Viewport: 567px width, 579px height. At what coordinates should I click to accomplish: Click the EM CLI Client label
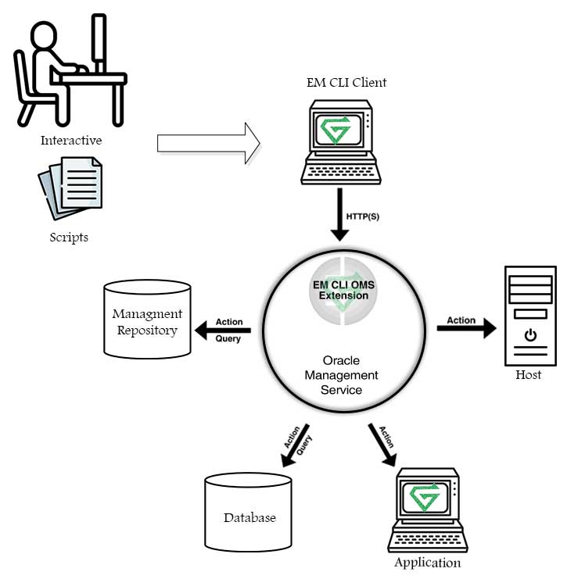[347, 82]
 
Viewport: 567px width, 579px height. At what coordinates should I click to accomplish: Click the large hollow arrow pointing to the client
[208, 144]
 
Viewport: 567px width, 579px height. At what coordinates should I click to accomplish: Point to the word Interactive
[72, 141]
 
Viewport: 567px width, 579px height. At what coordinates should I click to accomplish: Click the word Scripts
[69, 237]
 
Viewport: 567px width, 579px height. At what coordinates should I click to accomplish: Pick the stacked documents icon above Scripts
[70, 188]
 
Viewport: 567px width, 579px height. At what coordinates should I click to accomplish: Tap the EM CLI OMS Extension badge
[342, 291]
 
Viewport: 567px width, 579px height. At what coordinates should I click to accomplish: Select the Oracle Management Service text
[342, 374]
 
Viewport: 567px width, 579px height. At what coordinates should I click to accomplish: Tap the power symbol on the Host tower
[530, 335]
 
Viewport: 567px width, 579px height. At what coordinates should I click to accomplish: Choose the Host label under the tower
[529, 375]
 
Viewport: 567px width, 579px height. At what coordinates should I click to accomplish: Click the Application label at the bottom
[427, 563]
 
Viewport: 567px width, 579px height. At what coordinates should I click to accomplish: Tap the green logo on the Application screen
[425, 496]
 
